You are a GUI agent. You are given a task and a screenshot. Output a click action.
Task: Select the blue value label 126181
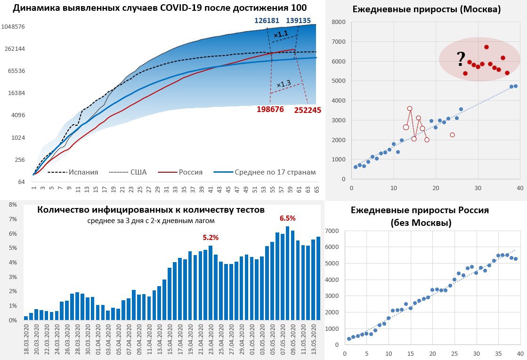pyautogui.click(x=267, y=21)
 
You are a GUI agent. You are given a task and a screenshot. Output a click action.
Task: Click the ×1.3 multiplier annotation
pyautogui.click(x=284, y=84)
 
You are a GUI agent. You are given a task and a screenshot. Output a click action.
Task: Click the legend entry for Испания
pyautogui.click(x=84, y=172)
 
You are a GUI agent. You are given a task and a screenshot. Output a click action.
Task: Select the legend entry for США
pyautogui.click(x=138, y=172)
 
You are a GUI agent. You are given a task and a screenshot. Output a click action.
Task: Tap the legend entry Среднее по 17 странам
pyautogui.click(x=275, y=172)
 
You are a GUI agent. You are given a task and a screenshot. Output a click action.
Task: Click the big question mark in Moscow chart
pyautogui.click(x=461, y=59)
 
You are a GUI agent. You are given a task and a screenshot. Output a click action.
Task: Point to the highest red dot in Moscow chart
pyautogui.click(x=486, y=47)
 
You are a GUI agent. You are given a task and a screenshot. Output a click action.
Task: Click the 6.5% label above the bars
pyautogui.click(x=287, y=218)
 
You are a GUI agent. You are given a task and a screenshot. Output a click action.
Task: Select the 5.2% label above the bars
pyautogui.click(x=211, y=238)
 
